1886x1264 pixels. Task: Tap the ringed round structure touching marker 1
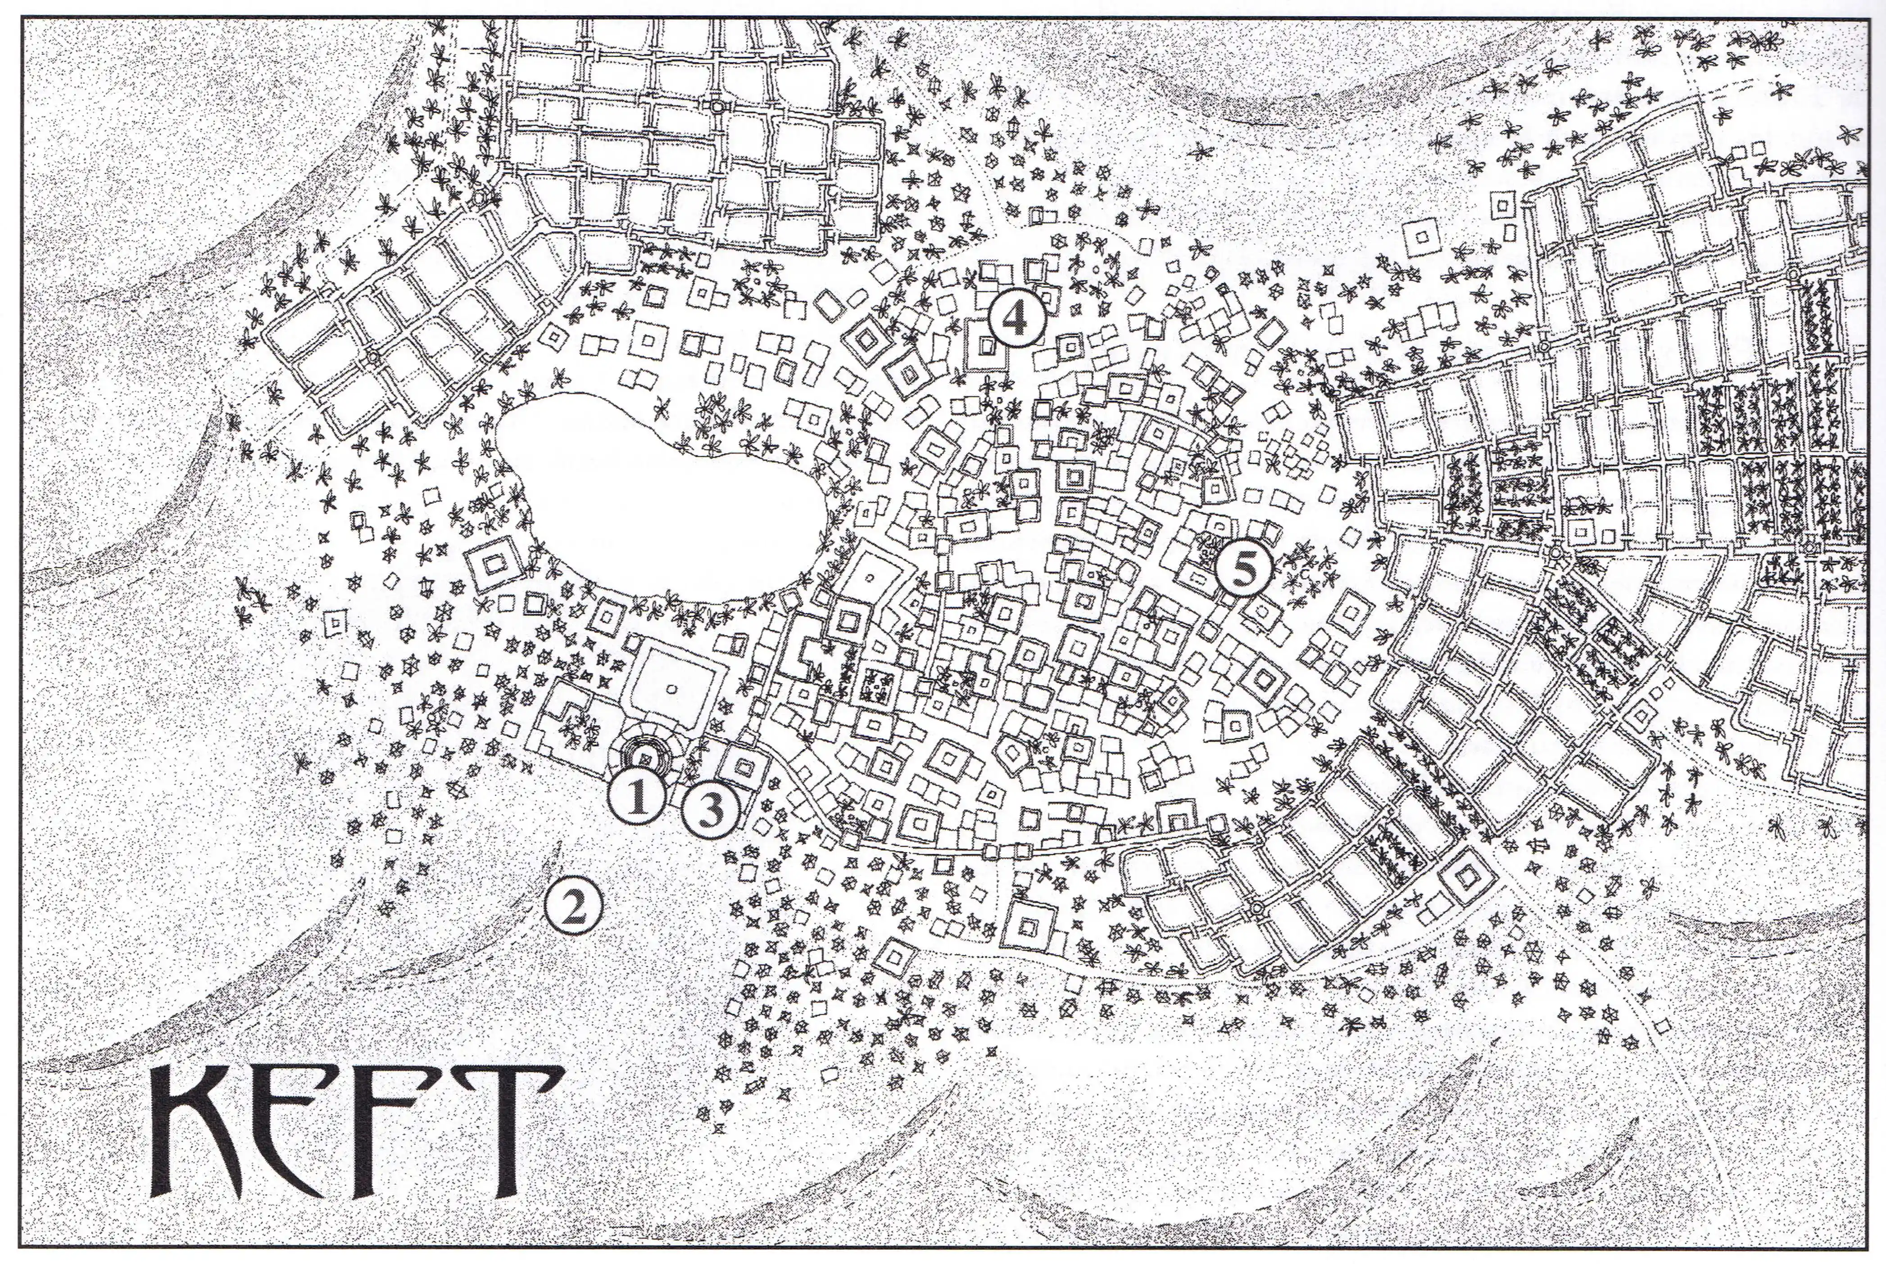(x=645, y=758)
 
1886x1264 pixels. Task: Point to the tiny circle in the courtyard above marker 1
(x=671, y=688)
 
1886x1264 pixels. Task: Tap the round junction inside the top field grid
(x=717, y=106)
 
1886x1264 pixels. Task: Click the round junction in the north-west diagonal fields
(x=372, y=356)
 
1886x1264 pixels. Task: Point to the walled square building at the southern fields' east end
(x=1464, y=875)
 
